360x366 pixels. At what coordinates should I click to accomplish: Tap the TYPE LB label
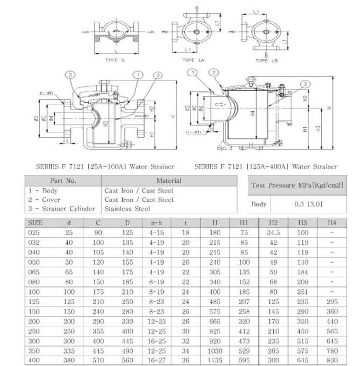[267, 61]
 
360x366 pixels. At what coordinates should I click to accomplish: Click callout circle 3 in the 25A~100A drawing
[157, 76]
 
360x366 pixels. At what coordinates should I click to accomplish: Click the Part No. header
[63, 181]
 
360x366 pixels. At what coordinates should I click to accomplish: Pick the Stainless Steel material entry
[128, 209]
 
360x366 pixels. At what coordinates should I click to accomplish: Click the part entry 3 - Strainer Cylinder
[61, 209]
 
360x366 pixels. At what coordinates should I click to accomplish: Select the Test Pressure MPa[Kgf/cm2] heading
[298, 185]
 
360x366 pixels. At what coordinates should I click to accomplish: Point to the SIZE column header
[35, 222]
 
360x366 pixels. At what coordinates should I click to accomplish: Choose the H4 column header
[331, 222]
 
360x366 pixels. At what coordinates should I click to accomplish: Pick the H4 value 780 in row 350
[331, 351]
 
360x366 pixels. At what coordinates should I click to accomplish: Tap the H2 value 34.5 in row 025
[273, 232]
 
